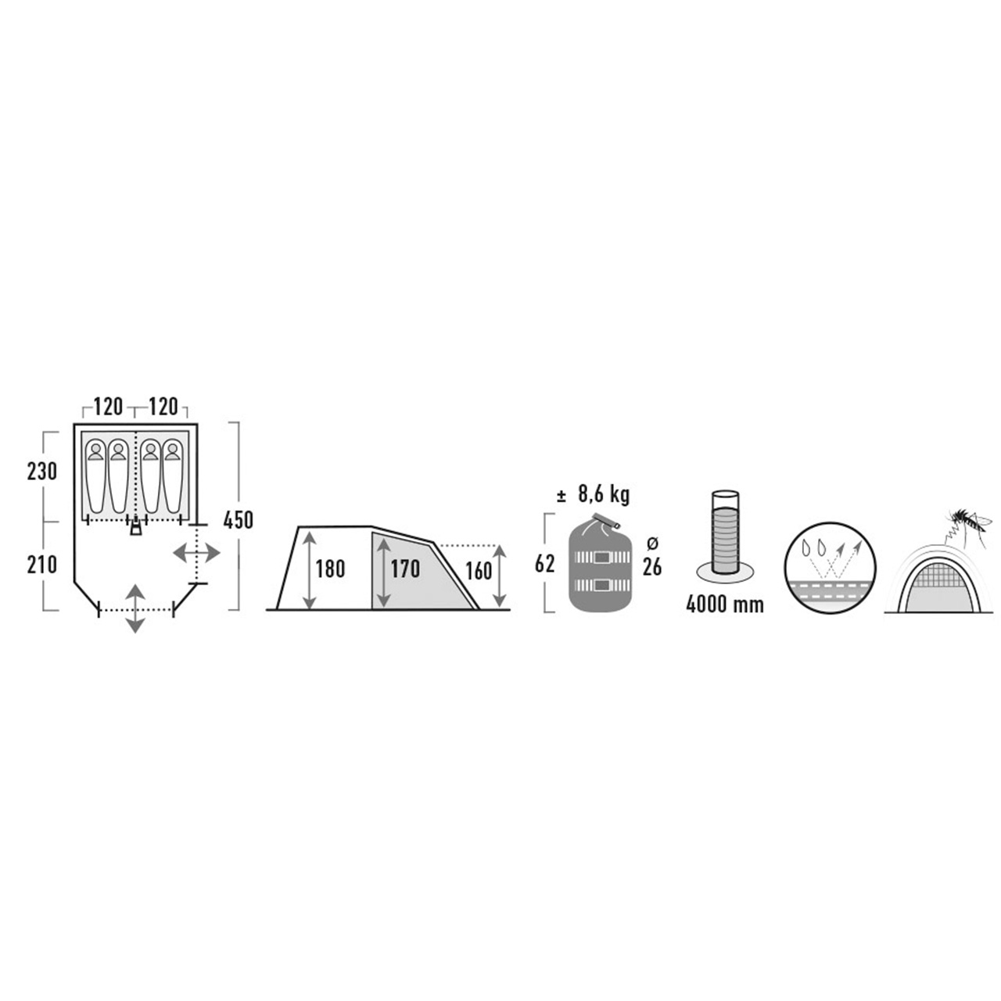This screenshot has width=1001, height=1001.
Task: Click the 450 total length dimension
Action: (238, 520)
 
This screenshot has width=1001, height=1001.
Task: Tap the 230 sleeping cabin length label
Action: (42, 472)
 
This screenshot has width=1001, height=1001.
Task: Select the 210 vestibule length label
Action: (42, 565)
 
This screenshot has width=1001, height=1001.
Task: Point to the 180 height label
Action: (330, 569)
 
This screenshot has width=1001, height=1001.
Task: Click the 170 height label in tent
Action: (404, 569)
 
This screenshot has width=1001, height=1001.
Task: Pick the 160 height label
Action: (478, 571)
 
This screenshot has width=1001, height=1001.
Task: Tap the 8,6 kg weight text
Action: (603, 494)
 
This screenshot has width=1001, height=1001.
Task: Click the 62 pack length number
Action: (544, 564)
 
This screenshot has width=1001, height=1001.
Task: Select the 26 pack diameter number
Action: (652, 567)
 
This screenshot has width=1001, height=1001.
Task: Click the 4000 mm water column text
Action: (725, 605)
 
